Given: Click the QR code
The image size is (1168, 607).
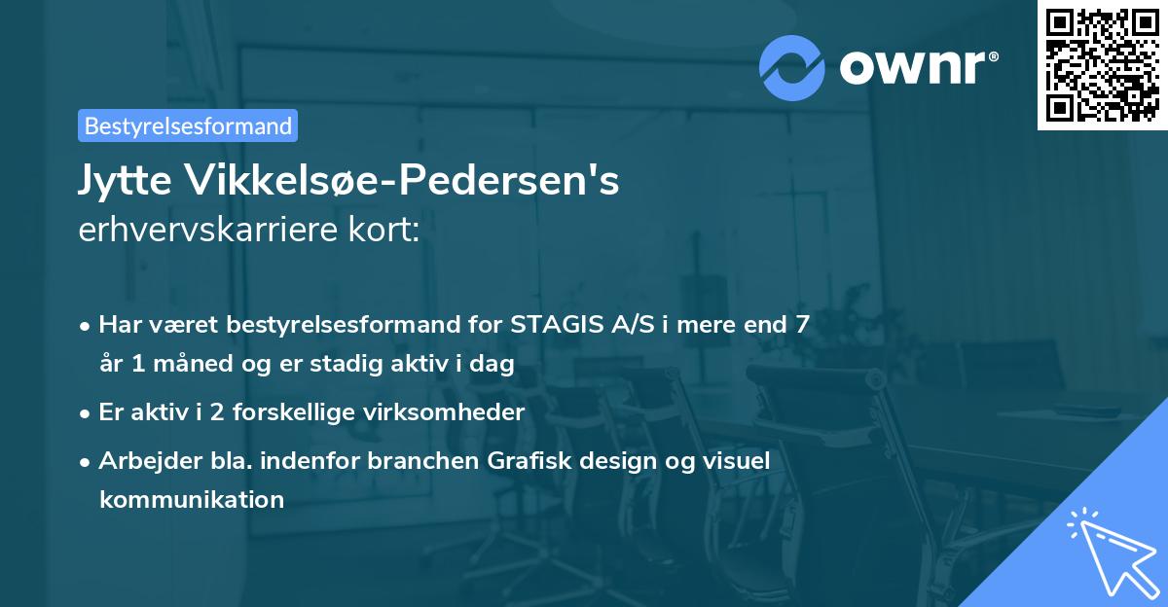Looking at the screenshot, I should click(x=1102, y=64).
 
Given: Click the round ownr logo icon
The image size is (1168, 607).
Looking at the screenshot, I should click(x=791, y=67).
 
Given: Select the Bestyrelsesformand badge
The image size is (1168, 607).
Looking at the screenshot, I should click(x=188, y=125).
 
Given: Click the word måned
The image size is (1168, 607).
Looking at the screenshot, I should click(x=194, y=365).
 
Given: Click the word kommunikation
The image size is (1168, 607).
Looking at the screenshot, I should click(x=191, y=500).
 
